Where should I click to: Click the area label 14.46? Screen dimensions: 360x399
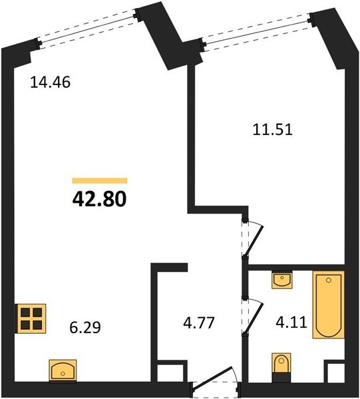[x=50, y=82]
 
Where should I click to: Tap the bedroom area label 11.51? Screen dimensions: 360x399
[x=273, y=130]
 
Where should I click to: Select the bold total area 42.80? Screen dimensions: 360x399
[x=100, y=199]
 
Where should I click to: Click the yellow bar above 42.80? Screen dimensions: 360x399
[x=100, y=180]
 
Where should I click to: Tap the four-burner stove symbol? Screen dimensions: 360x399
[x=31, y=319]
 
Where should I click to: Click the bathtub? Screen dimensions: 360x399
[x=329, y=305]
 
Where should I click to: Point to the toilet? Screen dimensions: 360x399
[x=281, y=368]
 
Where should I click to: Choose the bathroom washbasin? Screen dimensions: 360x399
[x=282, y=280]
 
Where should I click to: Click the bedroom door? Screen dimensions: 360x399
[x=252, y=239]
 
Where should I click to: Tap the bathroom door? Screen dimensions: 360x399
[x=252, y=317]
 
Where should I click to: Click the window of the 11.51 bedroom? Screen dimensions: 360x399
[x=257, y=32]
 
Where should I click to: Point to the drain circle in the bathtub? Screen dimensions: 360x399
[x=329, y=280]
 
